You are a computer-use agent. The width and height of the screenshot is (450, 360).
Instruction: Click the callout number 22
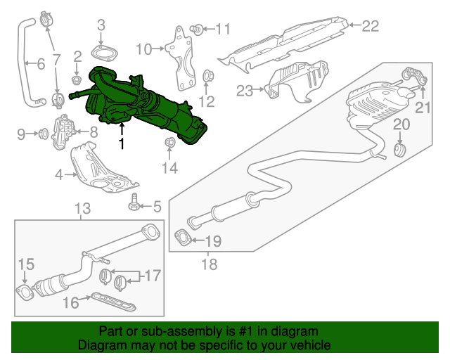click(x=371, y=26)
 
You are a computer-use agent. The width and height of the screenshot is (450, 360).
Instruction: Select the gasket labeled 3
click(x=104, y=53)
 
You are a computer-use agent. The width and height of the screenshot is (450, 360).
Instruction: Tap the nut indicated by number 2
click(x=76, y=79)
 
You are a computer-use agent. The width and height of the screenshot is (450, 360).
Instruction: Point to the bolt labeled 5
click(x=133, y=202)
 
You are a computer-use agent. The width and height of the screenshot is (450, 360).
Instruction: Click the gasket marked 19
click(x=183, y=238)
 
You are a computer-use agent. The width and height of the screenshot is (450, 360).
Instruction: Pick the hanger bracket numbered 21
click(x=416, y=75)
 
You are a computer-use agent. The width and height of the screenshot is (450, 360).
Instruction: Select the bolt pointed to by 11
click(x=197, y=30)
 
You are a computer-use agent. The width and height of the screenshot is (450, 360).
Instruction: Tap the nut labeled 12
click(x=207, y=76)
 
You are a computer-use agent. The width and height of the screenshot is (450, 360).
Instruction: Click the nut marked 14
click(x=169, y=142)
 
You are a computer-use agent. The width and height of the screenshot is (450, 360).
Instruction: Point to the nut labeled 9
click(x=44, y=134)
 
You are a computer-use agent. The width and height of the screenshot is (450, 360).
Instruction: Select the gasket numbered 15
click(x=25, y=292)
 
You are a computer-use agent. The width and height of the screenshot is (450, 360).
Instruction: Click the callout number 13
click(x=83, y=208)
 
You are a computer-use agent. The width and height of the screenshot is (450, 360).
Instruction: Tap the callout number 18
click(x=210, y=264)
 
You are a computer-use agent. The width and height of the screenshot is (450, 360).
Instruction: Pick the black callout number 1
click(x=122, y=143)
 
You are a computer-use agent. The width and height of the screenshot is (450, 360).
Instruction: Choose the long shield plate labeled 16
click(x=113, y=302)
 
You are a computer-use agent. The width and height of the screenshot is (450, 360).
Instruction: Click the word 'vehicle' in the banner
click(x=313, y=345)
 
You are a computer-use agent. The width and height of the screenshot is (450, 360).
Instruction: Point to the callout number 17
click(x=153, y=276)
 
